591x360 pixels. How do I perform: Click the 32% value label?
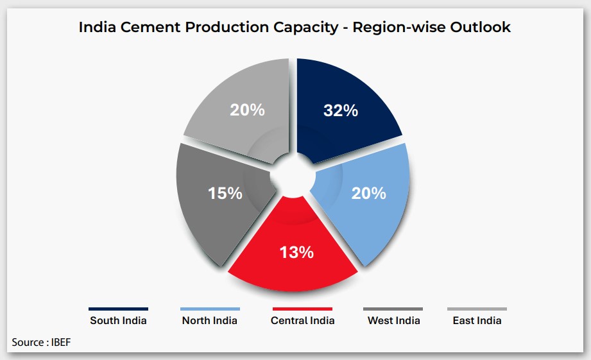[341, 110]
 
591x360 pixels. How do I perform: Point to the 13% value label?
[296, 252]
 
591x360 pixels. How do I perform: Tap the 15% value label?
[225, 193]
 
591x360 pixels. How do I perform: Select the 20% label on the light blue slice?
[368, 193]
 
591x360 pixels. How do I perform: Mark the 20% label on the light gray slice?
[247, 110]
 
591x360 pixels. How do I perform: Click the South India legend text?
[118, 320]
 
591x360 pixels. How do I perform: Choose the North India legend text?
[210, 320]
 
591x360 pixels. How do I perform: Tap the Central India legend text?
[303, 320]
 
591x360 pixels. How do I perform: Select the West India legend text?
[394, 320]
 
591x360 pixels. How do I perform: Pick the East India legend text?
[477, 320]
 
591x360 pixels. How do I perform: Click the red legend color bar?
[302, 309]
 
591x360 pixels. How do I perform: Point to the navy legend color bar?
[118, 309]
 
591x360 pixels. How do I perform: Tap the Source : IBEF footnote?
[41, 342]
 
